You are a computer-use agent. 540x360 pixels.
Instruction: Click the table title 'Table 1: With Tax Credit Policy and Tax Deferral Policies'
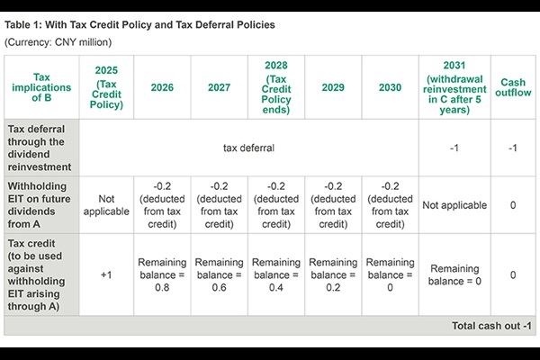click(x=139, y=24)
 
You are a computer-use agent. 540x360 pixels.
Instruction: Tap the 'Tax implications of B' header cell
click(x=40, y=86)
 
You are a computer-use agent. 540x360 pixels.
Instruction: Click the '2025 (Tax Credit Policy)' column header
click(x=107, y=86)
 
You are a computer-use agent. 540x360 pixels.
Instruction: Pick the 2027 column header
click(x=219, y=86)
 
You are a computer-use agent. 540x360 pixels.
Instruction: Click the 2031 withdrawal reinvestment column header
click(x=454, y=86)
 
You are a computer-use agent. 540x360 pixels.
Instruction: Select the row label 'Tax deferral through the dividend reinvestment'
click(x=40, y=147)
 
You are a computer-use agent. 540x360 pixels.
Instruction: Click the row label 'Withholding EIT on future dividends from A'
click(x=40, y=204)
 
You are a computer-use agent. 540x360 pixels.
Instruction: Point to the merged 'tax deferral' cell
click(x=248, y=147)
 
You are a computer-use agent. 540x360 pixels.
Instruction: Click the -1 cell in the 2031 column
click(x=454, y=147)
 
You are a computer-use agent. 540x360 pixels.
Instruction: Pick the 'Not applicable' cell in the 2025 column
click(x=107, y=204)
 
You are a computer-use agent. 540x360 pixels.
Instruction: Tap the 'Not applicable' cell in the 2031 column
click(x=454, y=204)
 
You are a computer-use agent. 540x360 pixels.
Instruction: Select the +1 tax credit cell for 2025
click(x=107, y=274)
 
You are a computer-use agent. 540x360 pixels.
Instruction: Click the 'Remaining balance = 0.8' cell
click(x=162, y=274)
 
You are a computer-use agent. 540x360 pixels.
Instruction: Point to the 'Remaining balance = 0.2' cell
click(x=332, y=274)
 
